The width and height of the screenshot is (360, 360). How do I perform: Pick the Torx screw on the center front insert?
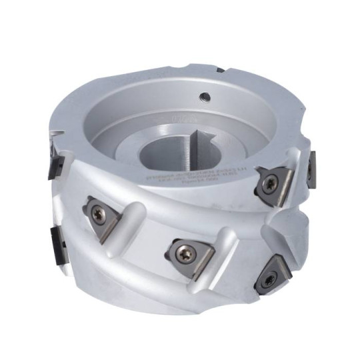(x=184, y=251)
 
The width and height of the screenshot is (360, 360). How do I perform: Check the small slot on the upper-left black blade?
(x=51, y=159)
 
